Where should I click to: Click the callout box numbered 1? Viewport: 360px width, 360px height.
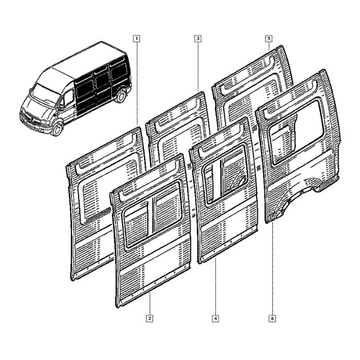137,39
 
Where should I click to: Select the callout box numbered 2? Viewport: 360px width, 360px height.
149,319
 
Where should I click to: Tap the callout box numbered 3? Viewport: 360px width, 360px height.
198,39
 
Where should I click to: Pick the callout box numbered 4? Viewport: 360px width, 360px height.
215,319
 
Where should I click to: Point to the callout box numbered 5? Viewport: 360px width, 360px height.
268,39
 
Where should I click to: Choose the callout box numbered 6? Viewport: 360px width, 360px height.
272,319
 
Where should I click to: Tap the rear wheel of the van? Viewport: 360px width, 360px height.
121,96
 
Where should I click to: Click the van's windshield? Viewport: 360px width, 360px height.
45,94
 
